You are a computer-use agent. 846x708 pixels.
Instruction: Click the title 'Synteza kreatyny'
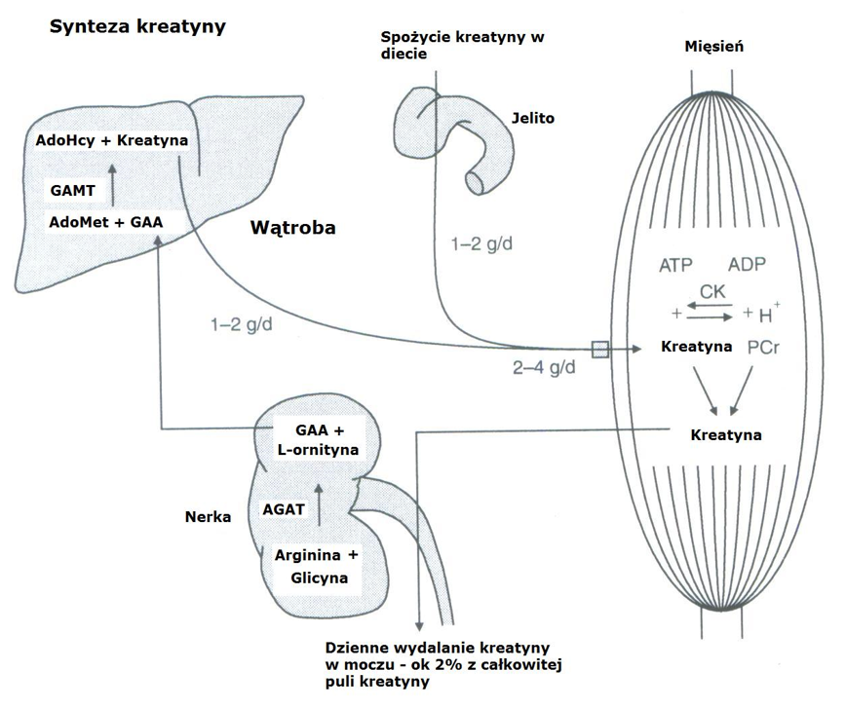tap(137, 26)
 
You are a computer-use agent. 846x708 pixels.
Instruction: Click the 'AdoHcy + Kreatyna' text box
tap(111, 141)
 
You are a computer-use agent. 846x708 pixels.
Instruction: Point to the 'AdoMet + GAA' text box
tap(104, 222)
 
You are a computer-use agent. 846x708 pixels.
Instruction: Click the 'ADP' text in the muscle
tap(748, 265)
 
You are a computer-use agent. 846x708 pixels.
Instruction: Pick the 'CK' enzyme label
tap(711, 291)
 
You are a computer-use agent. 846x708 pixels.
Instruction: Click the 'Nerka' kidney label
tap(208, 516)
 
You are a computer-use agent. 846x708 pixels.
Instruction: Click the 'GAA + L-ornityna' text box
tap(314, 440)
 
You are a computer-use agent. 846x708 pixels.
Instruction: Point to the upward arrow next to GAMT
tap(113, 181)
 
